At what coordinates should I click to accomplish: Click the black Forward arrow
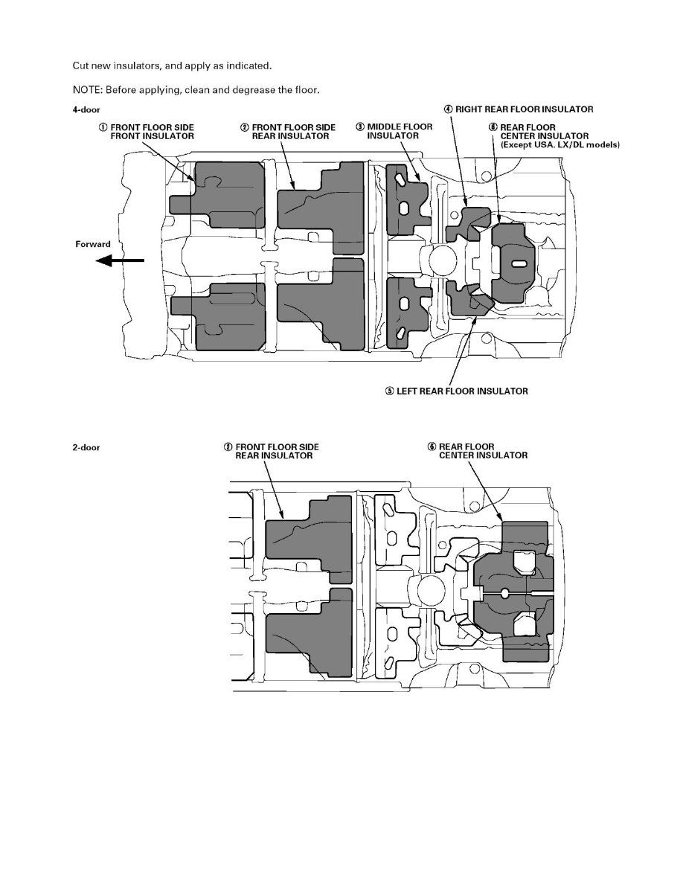122,260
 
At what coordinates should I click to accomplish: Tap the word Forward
93,244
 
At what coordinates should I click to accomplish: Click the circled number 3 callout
361,127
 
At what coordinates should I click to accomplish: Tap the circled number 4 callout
449,109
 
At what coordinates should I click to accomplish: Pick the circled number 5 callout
389,391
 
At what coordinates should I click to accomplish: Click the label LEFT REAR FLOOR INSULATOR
461,391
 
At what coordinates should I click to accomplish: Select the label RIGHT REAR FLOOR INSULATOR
525,109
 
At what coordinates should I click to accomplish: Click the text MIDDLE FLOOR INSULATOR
400,132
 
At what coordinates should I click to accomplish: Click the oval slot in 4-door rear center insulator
519,264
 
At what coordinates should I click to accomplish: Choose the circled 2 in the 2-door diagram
229,447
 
